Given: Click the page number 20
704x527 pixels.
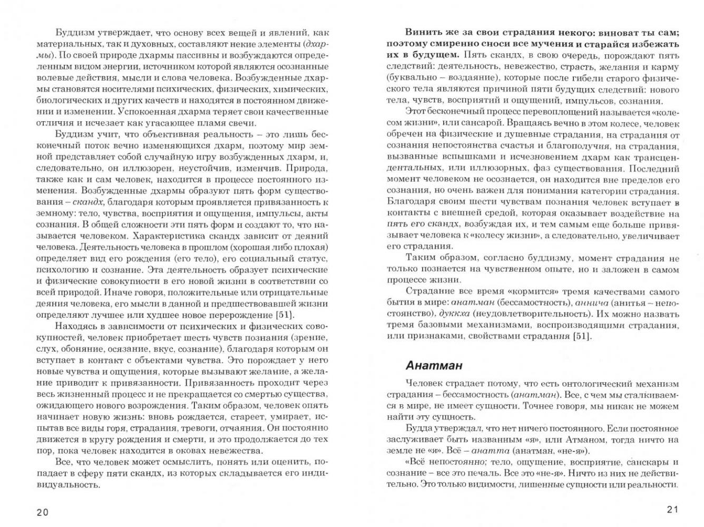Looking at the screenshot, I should (42, 511).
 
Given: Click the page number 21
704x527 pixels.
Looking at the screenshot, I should (673, 509).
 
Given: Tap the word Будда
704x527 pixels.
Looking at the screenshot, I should (419, 428).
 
